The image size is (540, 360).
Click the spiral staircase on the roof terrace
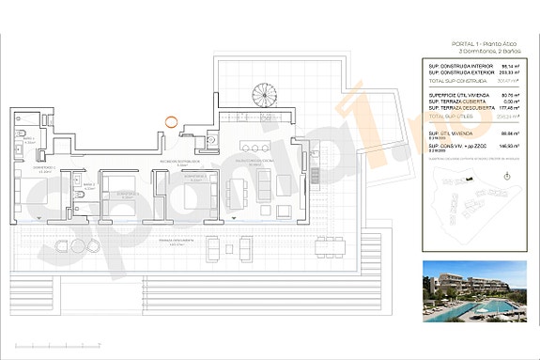pos(255,97)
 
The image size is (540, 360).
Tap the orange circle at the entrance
pos(169,119)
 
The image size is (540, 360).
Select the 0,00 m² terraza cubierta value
pos(510,102)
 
